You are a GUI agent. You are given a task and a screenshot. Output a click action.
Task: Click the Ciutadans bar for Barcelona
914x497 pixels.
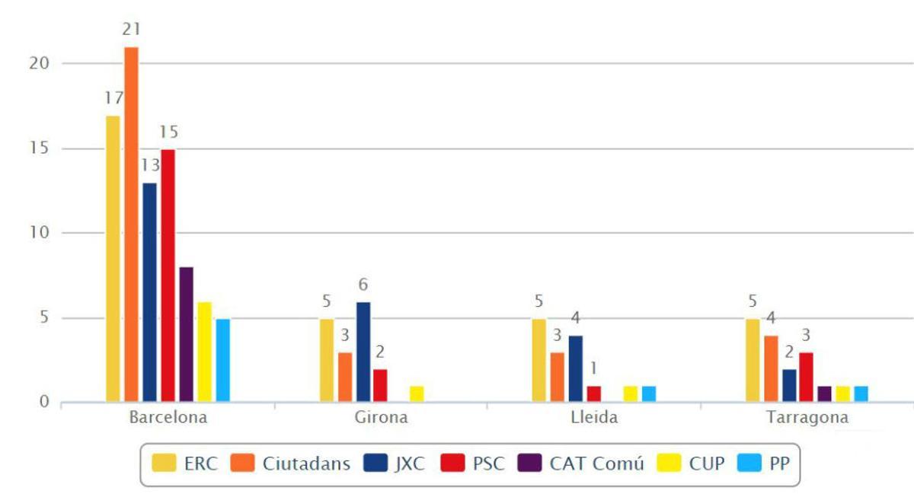[x=131, y=225]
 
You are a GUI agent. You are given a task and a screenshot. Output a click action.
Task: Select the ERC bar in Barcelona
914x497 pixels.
[x=113, y=259]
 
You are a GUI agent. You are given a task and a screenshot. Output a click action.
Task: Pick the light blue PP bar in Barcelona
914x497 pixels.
[x=222, y=360]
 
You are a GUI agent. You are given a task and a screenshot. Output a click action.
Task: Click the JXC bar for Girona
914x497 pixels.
[x=363, y=352]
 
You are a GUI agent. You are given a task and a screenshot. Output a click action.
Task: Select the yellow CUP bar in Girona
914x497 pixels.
[x=416, y=393]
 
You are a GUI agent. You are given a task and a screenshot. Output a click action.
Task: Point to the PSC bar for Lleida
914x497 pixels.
[x=594, y=393]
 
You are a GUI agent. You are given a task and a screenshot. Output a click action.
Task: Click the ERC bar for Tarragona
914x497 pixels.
[x=753, y=360]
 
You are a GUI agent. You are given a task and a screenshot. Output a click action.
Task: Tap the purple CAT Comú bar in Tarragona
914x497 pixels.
[x=824, y=393]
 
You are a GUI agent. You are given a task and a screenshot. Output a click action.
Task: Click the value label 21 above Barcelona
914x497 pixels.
[x=131, y=30]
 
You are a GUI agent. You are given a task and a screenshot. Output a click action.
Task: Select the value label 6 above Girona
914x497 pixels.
[x=363, y=285]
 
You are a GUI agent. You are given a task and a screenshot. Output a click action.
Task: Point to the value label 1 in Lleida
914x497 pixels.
[x=594, y=369]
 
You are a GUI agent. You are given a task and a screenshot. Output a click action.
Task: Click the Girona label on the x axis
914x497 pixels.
[x=381, y=418]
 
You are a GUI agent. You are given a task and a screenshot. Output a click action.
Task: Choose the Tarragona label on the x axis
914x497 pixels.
[x=808, y=418]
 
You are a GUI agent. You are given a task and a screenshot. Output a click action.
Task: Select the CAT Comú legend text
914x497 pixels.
[x=596, y=464]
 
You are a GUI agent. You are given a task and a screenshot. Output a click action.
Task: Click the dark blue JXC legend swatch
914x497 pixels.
[x=379, y=464]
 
